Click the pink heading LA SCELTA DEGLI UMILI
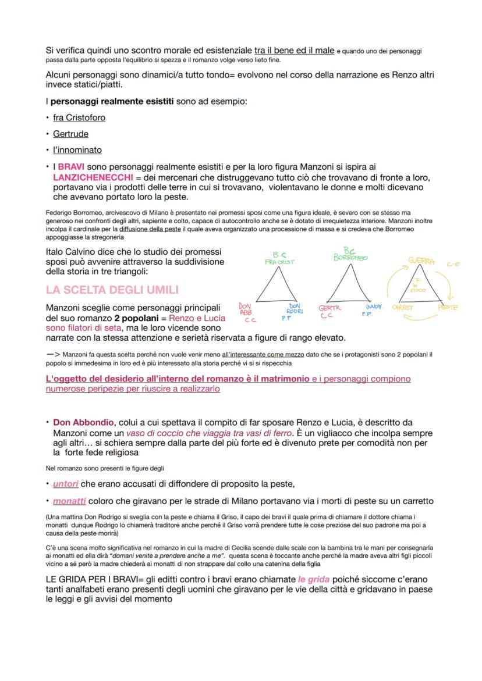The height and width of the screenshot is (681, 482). pyautogui.click(x=112, y=290)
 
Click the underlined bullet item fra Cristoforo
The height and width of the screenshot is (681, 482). pyautogui.click(x=79, y=117)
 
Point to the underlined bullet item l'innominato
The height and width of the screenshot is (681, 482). pyautogui.click(x=77, y=149)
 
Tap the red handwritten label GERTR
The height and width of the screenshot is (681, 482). pyautogui.click(x=329, y=308)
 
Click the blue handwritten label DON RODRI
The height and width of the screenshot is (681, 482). pyautogui.click(x=295, y=308)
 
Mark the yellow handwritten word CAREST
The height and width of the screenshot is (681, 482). pyautogui.click(x=403, y=307)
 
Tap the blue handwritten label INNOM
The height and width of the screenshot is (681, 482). pyautogui.click(x=374, y=306)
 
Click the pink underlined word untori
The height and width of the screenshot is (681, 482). pyautogui.click(x=65, y=484)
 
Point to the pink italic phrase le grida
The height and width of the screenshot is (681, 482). pyautogui.click(x=313, y=579)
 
